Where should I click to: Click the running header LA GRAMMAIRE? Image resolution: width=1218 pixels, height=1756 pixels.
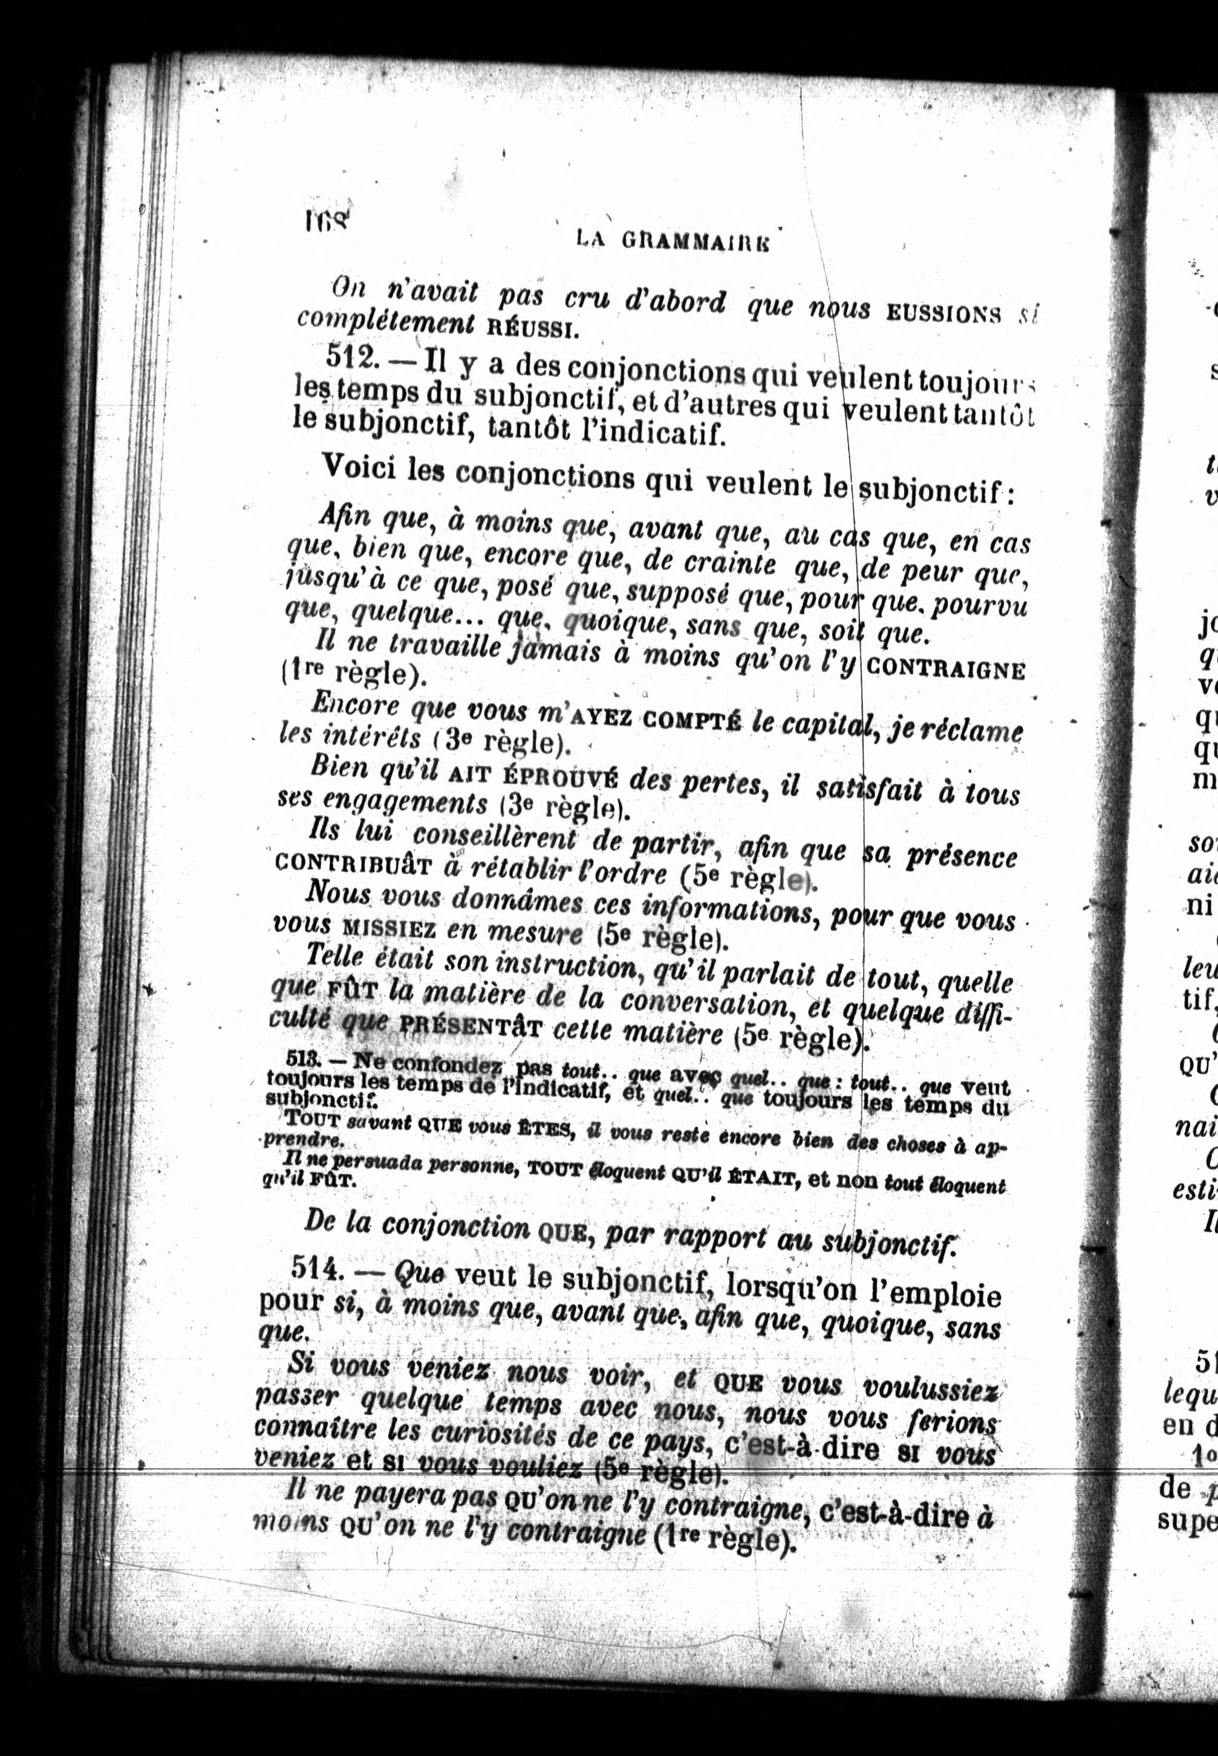pos(671,241)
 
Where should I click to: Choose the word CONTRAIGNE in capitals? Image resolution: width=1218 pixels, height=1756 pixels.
pos(946,670)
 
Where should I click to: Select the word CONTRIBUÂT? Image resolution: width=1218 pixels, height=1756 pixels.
pos(355,862)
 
